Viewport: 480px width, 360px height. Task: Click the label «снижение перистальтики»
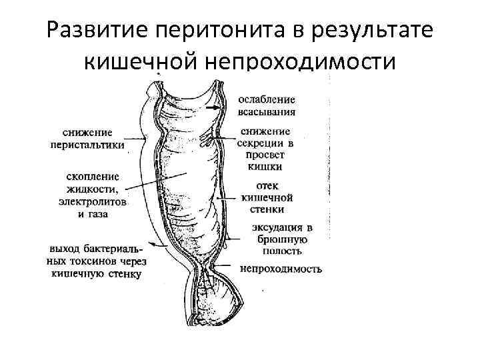88,139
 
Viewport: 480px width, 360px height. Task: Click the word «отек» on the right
266,185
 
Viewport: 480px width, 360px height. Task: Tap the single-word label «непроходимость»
281,269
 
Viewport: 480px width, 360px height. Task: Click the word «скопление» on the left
93,177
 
